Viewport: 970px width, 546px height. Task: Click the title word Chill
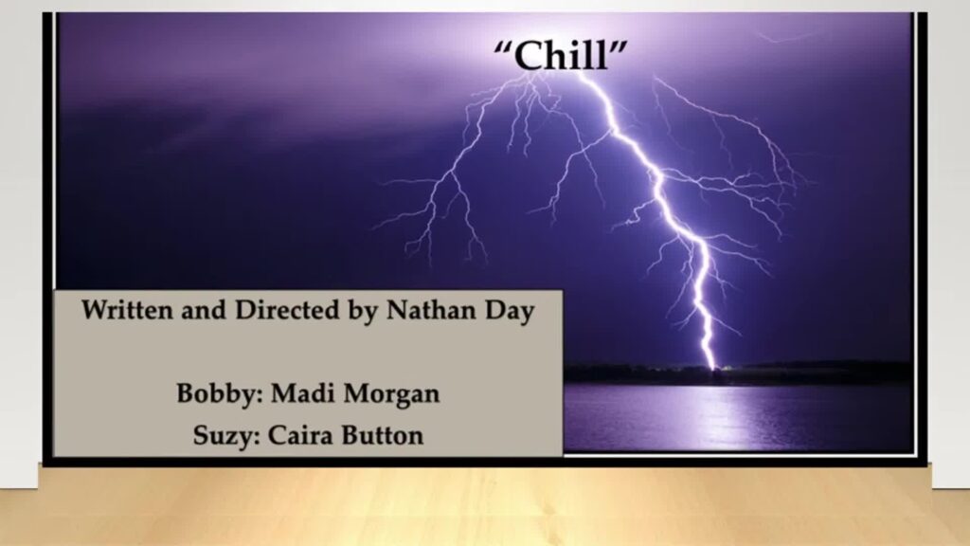561,55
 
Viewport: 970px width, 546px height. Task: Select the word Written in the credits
126,309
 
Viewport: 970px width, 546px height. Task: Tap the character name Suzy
222,436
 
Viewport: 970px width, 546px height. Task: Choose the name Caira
299,434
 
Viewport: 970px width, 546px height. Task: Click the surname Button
383,434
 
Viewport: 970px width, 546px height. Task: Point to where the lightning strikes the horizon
712,369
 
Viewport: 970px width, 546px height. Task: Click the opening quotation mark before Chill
502,46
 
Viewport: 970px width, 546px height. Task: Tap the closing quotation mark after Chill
619,46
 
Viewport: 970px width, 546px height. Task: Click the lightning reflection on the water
711,415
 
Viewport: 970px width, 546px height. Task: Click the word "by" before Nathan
363,311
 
